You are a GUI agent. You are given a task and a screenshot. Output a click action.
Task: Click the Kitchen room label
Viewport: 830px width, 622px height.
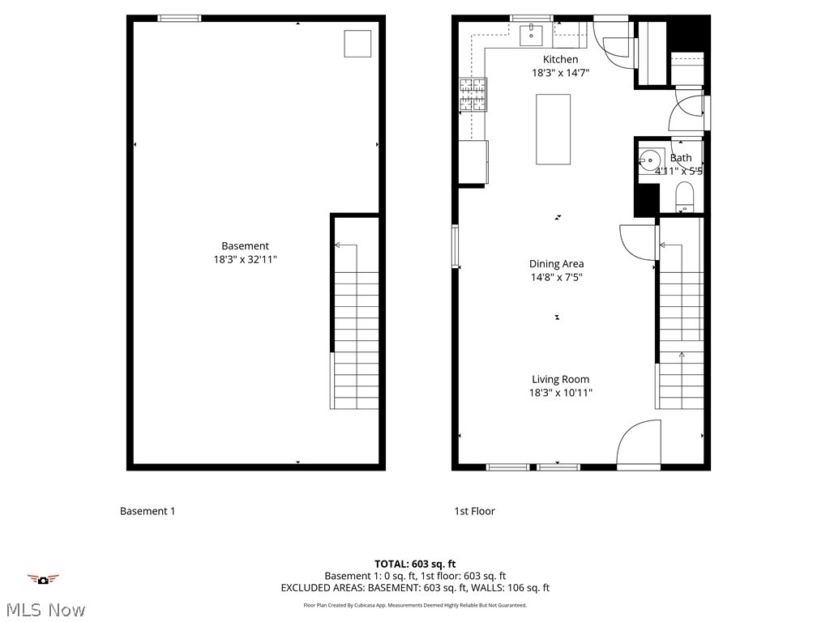tap(560, 59)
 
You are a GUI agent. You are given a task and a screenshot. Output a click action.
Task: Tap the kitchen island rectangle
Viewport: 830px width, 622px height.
tap(553, 130)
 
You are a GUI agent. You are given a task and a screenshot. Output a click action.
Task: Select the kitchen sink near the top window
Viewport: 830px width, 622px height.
tap(531, 36)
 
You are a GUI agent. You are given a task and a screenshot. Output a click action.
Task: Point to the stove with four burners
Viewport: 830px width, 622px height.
tap(473, 93)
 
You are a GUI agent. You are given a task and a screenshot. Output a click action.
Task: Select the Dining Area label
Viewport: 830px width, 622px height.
tap(556, 263)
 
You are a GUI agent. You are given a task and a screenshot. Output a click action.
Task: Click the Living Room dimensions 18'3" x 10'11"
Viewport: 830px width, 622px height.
tap(560, 393)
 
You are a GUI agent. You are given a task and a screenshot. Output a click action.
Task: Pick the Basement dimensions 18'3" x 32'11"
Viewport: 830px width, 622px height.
tap(245, 260)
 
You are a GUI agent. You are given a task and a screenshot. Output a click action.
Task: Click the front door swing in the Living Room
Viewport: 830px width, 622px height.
tap(639, 445)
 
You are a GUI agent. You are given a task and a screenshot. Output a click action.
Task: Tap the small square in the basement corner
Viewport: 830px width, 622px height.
tap(357, 44)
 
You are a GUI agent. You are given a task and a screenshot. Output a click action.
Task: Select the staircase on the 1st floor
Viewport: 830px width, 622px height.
tap(680, 324)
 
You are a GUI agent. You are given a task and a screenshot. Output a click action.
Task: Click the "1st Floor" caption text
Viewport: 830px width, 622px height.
tap(474, 511)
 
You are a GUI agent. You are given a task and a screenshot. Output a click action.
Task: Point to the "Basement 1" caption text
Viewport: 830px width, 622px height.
tap(148, 511)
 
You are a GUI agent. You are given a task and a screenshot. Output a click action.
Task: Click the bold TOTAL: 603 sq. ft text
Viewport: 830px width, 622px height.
tap(415, 564)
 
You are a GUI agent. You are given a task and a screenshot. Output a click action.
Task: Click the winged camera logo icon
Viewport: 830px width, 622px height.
tap(43, 579)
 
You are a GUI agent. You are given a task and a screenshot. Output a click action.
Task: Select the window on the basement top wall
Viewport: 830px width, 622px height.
tap(179, 18)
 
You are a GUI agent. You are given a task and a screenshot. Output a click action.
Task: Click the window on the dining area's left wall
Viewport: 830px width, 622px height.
tap(456, 246)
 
